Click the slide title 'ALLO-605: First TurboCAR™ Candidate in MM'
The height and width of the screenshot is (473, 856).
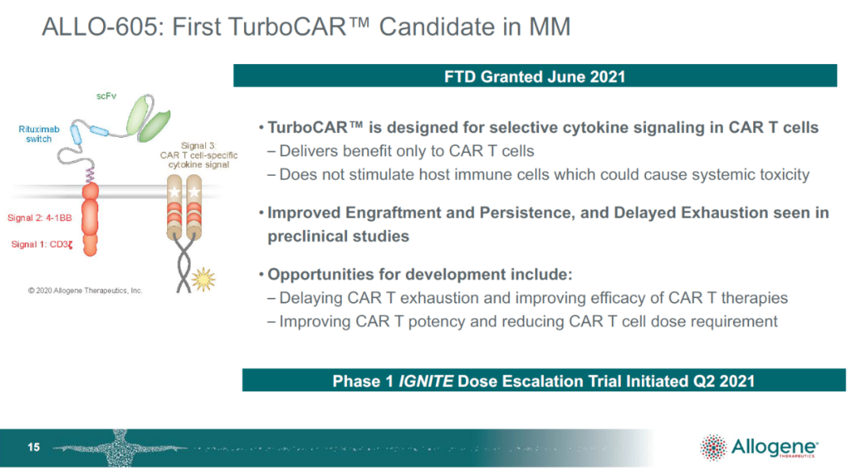click(x=306, y=27)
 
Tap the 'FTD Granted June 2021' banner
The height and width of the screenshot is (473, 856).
click(x=535, y=76)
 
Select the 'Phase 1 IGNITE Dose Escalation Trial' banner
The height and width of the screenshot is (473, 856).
click(x=544, y=380)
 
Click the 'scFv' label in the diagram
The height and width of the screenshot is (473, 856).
click(x=106, y=96)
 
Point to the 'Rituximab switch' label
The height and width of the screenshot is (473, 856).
click(x=39, y=134)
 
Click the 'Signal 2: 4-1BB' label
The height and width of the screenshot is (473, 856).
click(x=40, y=218)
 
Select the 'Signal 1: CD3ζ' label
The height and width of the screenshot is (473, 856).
click(x=42, y=244)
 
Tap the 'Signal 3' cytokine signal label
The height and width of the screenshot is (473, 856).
click(x=199, y=155)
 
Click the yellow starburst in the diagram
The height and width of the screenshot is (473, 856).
click(x=203, y=280)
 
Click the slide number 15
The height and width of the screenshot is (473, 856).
click(x=33, y=448)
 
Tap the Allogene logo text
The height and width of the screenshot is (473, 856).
click(x=774, y=447)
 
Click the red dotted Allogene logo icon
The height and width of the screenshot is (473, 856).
click(x=713, y=448)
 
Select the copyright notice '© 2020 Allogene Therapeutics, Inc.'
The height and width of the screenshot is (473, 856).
click(x=85, y=291)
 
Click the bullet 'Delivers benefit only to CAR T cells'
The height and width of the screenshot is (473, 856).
click(x=401, y=151)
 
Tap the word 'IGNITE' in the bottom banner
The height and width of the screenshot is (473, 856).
click(x=426, y=381)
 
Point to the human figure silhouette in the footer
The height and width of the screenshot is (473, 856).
click(x=120, y=448)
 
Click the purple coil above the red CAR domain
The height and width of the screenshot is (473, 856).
click(x=90, y=174)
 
